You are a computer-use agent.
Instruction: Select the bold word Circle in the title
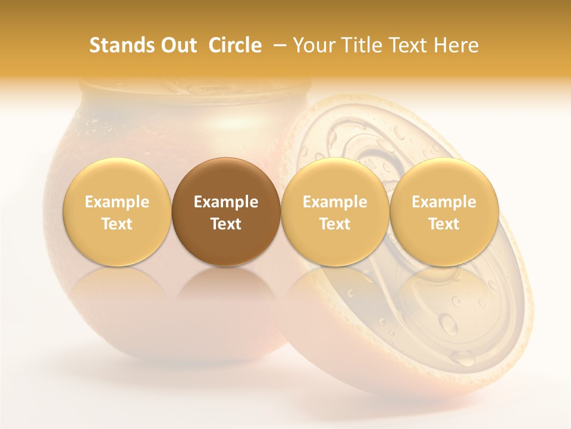click(x=235, y=45)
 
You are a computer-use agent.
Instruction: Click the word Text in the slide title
click(x=410, y=45)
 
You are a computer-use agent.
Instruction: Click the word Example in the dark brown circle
click(x=226, y=202)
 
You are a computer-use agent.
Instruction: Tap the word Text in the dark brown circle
click(x=226, y=224)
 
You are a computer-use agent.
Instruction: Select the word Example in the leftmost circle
click(x=117, y=202)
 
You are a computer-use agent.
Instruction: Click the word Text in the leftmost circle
click(x=117, y=224)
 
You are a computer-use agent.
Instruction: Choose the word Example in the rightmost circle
click(x=444, y=202)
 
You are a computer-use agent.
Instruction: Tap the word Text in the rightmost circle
click(x=444, y=224)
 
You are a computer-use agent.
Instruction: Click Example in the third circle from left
click(x=335, y=202)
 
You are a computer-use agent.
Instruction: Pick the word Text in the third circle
click(x=335, y=224)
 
